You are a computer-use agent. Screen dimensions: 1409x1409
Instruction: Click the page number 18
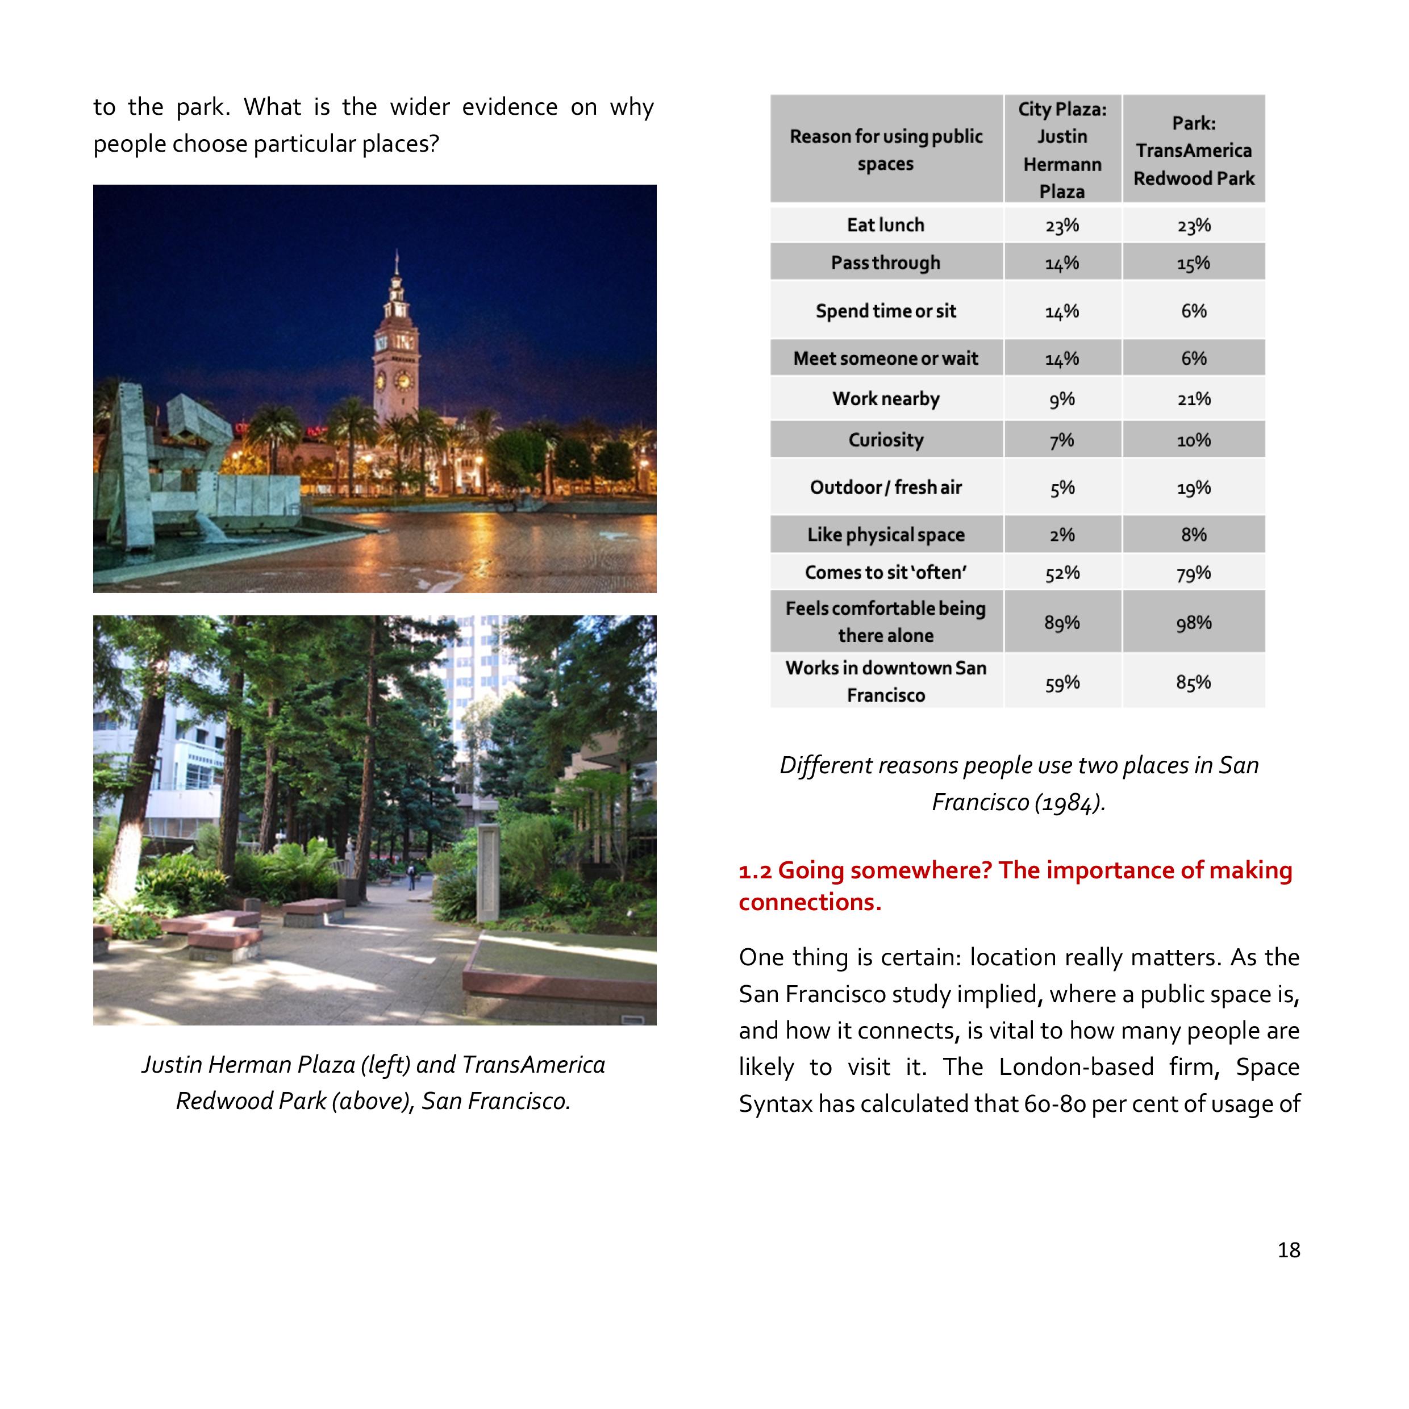click(x=1289, y=1249)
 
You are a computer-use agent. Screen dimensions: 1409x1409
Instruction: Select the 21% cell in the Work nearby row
click(x=1193, y=399)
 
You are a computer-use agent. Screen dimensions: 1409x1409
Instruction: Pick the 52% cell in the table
click(x=1062, y=573)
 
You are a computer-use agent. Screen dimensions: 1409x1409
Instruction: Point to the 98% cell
click(x=1193, y=622)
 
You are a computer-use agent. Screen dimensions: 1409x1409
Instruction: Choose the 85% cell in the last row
click(x=1193, y=682)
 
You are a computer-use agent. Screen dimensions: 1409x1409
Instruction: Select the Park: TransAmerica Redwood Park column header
click(x=1193, y=150)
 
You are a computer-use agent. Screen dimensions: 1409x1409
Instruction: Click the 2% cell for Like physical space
click(x=1062, y=535)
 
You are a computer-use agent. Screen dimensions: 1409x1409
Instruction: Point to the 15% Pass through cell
click(x=1193, y=262)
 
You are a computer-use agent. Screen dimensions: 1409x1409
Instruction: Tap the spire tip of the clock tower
click(x=397, y=255)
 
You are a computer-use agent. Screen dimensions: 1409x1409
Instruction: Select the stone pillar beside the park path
click(x=487, y=872)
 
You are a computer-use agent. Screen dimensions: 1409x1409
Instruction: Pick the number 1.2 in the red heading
click(x=755, y=871)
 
